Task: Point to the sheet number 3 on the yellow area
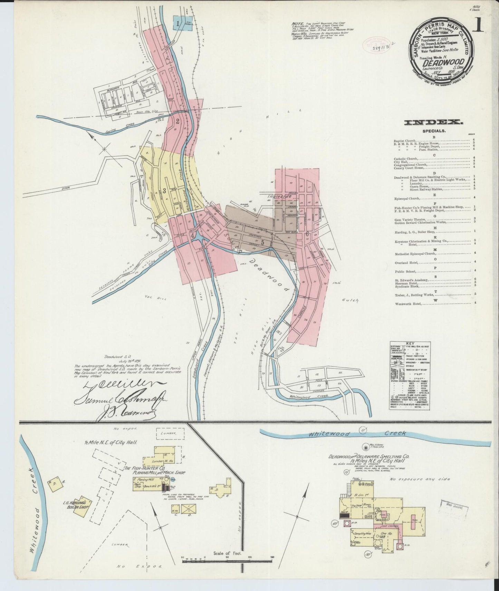tap(164, 190)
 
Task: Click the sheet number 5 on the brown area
tap(263, 243)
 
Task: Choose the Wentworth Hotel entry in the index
tap(409, 303)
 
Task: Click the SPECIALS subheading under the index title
tap(434, 131)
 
